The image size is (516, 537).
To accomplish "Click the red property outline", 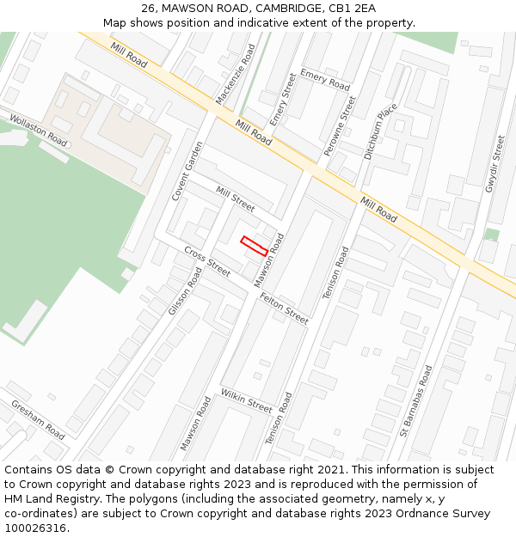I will [254, 246].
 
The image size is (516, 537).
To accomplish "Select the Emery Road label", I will [325, 80].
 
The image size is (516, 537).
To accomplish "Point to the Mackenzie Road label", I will [236, 75].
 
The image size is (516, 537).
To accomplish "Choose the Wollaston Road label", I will [39, 129].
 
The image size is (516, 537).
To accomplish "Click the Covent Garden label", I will [187, 170].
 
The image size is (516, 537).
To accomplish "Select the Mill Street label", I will [235, 198].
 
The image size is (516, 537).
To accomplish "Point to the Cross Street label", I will [207, 262].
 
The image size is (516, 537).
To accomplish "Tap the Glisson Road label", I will [185, 290].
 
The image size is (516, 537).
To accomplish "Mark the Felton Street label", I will [284, 308].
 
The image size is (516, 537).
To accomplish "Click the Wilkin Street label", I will [246, 400].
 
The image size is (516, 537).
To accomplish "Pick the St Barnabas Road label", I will [416, 400].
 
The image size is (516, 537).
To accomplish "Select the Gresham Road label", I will [37, 419].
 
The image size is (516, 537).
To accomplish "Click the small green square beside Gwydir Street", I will [491, 234].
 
